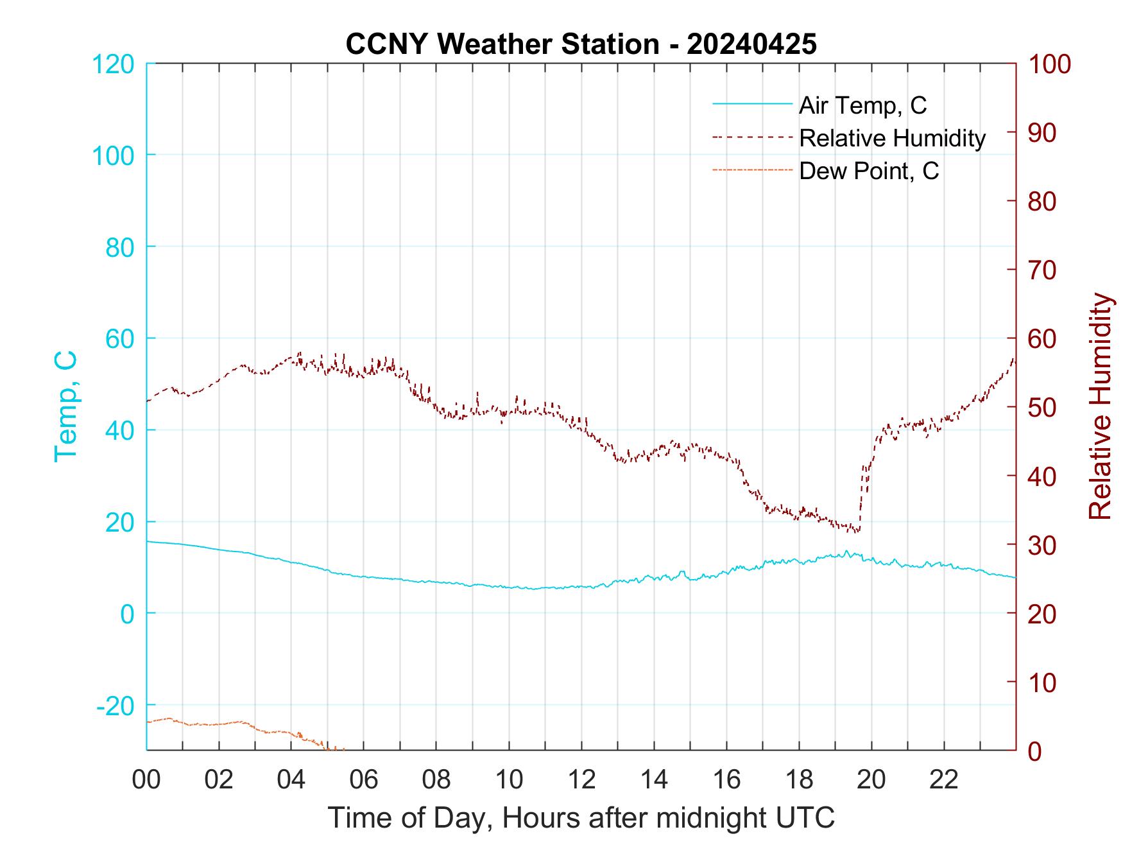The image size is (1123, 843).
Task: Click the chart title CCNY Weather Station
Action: [502, 44]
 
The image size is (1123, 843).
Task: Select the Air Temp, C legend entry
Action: [862, 105]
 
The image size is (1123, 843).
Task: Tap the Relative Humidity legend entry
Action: [892, 138]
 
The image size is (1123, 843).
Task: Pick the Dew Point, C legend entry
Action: [869, 171]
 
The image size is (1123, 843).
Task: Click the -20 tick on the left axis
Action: [116, 706]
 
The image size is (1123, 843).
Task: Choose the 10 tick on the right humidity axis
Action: [1043, 682]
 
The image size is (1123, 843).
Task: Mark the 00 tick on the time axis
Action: [146, 780]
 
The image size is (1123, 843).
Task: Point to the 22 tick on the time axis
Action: [944, 780]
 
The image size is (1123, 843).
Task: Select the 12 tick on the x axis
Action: [581, 780]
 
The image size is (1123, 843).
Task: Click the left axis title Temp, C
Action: [65, 406]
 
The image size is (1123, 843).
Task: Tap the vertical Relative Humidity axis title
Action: [1100, 406]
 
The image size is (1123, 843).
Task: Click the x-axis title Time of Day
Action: [581, 818]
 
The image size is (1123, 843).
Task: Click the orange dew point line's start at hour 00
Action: [148, 722]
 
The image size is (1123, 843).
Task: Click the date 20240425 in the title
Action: [751, 44]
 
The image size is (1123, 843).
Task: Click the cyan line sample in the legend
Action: [752, 105]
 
